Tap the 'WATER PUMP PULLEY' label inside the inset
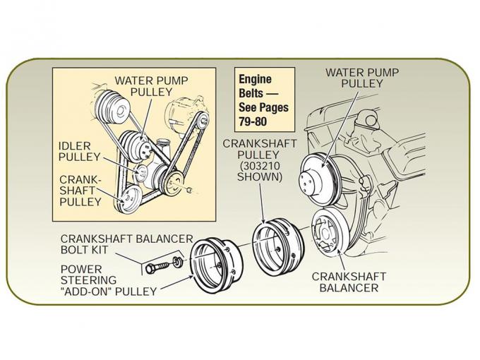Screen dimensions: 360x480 [152, 87]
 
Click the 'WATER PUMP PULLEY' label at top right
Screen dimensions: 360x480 [362, 78]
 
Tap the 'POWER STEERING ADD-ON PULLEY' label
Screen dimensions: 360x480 [108, 280]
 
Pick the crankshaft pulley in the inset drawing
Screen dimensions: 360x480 [128, 198]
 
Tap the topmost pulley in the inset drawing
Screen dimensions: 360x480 [112, 105]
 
